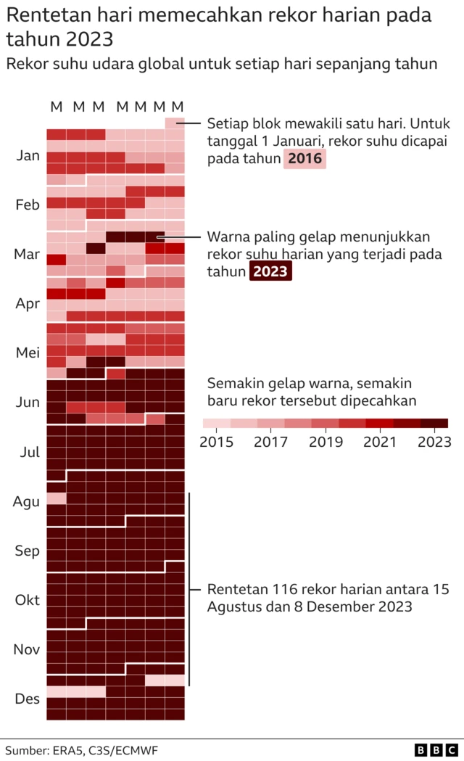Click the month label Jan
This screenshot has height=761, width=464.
[x=28, y=155]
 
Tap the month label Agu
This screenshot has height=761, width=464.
[x=27, y=501]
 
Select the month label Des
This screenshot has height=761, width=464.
[x=28, y=699]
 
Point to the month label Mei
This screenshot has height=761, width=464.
[x=28, y=353]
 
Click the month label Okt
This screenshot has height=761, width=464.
[x=28, y=600]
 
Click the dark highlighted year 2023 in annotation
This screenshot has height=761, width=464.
[x=270, y=271]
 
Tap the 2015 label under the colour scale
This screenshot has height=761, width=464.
[x=216, y=442]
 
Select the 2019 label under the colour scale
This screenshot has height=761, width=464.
[x=325, y=442]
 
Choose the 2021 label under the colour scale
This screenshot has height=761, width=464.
[x=379, y=442]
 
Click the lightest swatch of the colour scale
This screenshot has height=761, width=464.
[x=216, y=423]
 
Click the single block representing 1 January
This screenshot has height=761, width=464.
[x=175, y=123]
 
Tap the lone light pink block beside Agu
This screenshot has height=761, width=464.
[x=57, y=498]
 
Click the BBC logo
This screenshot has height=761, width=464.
[x=436, y=749]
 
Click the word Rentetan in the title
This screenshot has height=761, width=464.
[x=46, y=15]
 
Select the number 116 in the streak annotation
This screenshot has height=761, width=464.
[x=288, y=588]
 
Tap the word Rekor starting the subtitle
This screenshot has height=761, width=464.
[x=27, y=63]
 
